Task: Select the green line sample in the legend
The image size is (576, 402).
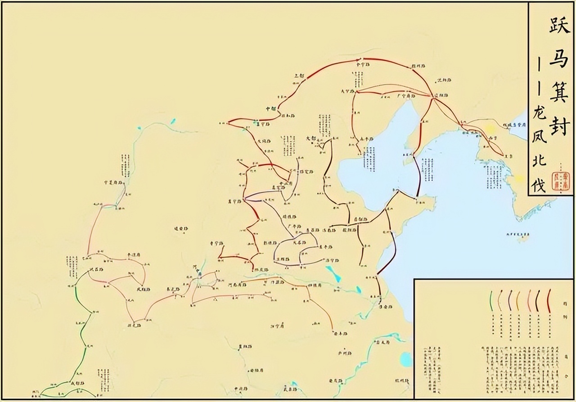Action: pos(491,300)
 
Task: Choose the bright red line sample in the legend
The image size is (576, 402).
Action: pos(549,300)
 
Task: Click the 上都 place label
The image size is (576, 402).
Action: pos(299,75)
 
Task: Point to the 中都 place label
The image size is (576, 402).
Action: pos(270,109)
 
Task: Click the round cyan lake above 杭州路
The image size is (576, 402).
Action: pos(406,359)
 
